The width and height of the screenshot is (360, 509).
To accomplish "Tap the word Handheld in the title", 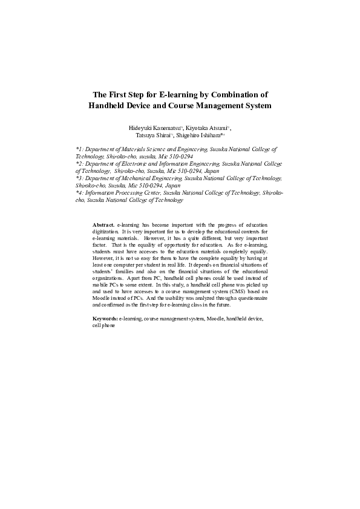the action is pyautogui.click(x=110, y=105).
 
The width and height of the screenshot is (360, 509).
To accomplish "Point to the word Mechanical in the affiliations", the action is pyautogui.click(x=137, y=178).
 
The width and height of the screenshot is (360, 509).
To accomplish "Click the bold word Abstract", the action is pyautogui.click(x=103, y=224).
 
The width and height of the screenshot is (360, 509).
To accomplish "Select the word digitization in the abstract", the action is pyautogui.click(x=105, y=231).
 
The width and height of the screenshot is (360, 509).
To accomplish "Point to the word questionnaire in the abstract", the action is pyautogui.click(x=253, y=298).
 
